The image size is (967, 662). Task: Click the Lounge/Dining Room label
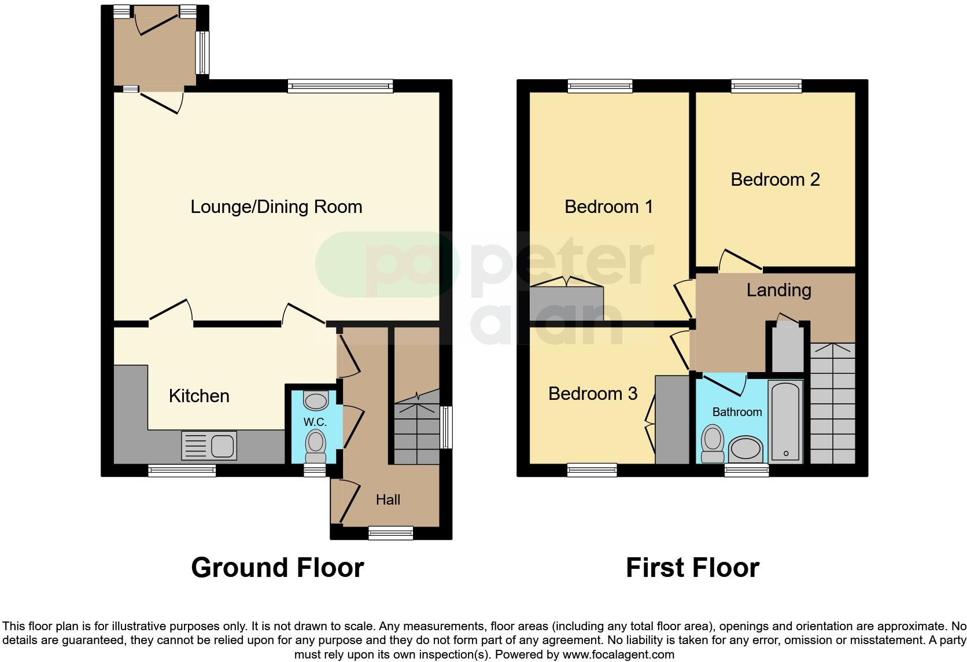(276, 207)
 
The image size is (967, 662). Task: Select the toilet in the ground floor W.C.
(315, 443)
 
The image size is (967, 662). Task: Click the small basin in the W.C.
(315, 400)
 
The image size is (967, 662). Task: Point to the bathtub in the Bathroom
(785, 421)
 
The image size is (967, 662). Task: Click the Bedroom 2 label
(775, 179)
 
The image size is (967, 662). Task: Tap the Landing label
(778, 290)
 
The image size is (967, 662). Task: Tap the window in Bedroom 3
(592, 470)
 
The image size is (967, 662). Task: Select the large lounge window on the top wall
(340, 87)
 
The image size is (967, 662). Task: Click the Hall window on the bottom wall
(390, 533)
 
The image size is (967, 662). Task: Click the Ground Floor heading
(277, 568)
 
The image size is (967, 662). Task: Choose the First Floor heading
(692, 568)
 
